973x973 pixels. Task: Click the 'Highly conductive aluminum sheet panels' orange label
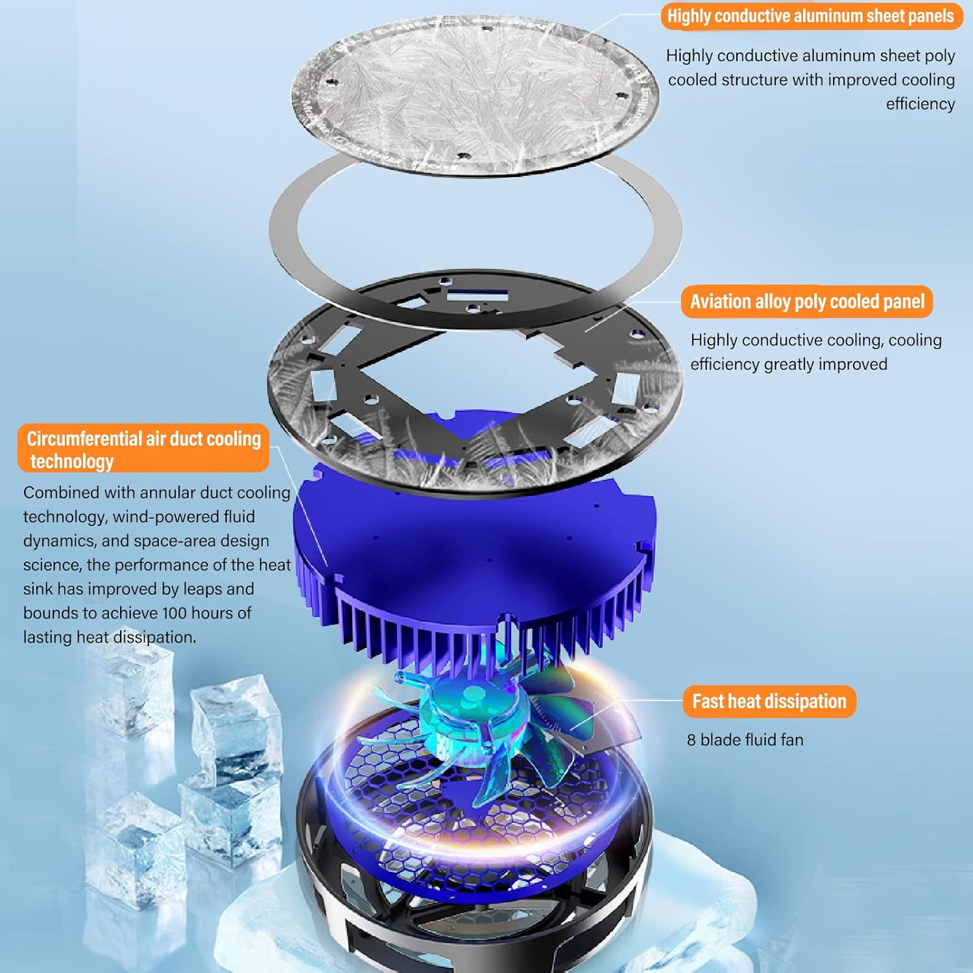[x=810, y=16]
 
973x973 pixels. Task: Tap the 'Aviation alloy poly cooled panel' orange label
[x=806, y=302]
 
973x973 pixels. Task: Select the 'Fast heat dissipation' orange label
[x=769, y=701]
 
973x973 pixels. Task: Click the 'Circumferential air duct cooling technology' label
[x=143, y=449]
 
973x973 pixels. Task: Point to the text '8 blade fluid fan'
[x=745, y=739]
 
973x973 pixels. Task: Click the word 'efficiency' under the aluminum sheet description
[x=920, y=104]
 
